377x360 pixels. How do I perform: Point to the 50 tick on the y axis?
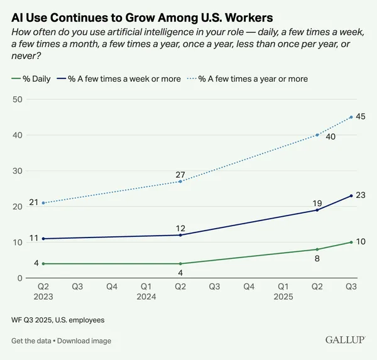[x=17, y=99]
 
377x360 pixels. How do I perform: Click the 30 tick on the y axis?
[x=17, y=171]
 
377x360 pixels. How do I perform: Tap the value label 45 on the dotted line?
[x=361, y=116]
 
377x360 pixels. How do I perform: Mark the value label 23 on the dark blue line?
[x=361, y=195]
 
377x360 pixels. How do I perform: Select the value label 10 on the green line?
[x=361, y=242]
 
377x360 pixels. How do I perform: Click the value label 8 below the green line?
[x=317, y=258]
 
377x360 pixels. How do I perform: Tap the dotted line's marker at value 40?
[x=317, y=134]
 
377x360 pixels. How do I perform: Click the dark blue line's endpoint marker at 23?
[x=351, y=195]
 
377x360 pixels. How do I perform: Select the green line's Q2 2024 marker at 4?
[x=180, y=263]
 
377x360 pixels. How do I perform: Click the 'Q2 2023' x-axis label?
[x=43, y=291]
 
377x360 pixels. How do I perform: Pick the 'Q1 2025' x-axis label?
[x=283, y=291]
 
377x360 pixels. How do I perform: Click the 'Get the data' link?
[x=33, y=341]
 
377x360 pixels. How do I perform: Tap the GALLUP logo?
[x=345, y=340]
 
